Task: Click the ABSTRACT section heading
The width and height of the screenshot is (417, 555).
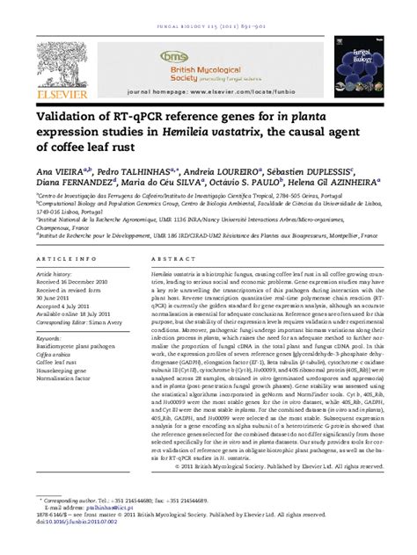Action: (x=170, y=260)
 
